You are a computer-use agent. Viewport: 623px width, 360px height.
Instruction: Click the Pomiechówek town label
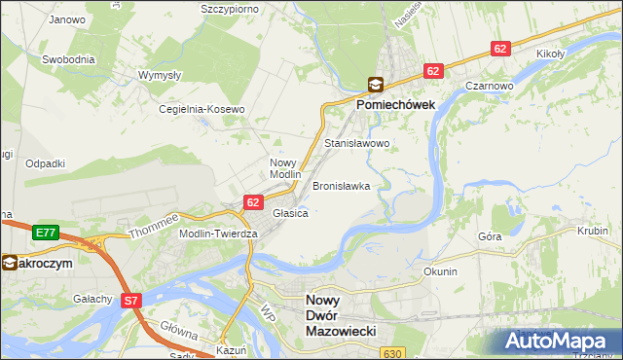point(402,103)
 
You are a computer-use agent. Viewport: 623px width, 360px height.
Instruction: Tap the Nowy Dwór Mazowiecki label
point(341,316)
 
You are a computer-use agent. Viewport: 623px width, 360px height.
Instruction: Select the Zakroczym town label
point(42,263)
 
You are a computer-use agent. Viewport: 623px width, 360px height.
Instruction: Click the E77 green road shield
point(44,233)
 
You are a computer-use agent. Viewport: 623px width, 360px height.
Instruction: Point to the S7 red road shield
point(131,302)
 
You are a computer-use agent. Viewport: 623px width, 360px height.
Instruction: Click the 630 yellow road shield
point(392,353)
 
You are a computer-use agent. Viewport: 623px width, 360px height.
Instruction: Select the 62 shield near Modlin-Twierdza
point(253,202)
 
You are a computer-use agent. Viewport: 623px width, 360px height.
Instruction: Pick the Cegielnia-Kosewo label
point(202,110)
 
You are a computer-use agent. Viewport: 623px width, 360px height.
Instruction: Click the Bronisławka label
point(341,185)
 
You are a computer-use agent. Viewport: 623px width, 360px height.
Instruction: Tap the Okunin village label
point(440,271)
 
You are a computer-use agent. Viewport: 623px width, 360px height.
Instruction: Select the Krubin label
point(591,231)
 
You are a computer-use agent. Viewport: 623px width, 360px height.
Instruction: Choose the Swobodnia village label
point(68,59)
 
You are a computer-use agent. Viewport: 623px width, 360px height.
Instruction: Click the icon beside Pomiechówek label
point(375,85)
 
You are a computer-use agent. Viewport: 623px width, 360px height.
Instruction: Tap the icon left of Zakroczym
point(8,263)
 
